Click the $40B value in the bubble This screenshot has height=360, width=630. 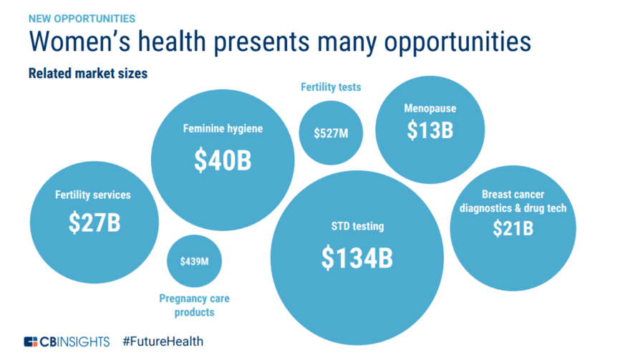tap(223, 161)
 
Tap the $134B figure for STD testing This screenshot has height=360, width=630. tap(357, 258)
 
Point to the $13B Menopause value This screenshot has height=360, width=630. tap(430, 130)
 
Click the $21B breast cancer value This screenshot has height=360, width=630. tap(513, 228)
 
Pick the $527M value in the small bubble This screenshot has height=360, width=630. tap(331, 133)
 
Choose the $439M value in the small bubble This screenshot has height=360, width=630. tap(194, 261)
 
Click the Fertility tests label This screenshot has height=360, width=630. tap(331, 88)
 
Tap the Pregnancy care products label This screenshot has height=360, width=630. tap(194, 306)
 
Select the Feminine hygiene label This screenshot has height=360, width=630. tap(223, 130)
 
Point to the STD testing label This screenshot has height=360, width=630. tap(357, 227)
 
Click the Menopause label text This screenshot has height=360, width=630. tap(430, 109)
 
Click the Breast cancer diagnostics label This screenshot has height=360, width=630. tap(513, 201)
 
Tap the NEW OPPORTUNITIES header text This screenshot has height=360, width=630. tap(72, 18)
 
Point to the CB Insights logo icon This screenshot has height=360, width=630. tap(31, 341)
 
